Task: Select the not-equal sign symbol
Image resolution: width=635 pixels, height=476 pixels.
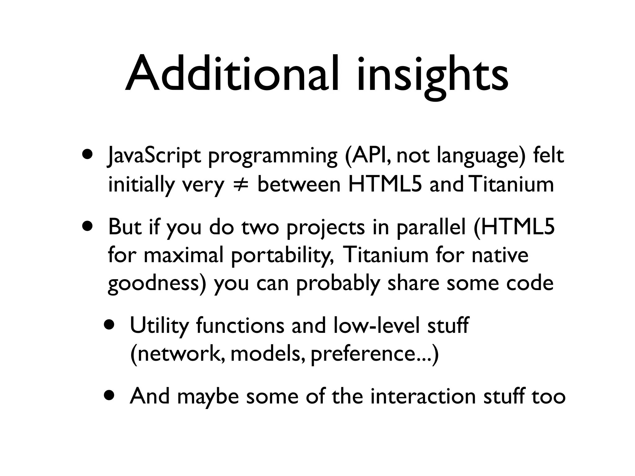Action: (240, 185)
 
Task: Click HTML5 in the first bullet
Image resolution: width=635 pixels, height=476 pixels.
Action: (385, 185)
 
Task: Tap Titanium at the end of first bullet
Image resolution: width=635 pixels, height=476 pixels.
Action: (512, 185)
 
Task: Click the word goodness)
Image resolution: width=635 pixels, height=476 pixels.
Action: (157, 284)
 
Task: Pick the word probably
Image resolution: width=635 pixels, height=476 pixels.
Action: (338, 284)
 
